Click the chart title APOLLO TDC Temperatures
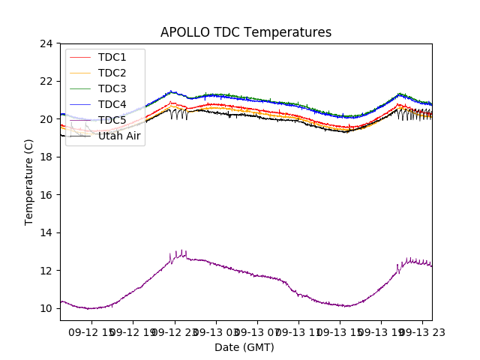coord(245,32)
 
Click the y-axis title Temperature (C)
coord(29,181)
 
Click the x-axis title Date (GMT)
coord(244,347)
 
